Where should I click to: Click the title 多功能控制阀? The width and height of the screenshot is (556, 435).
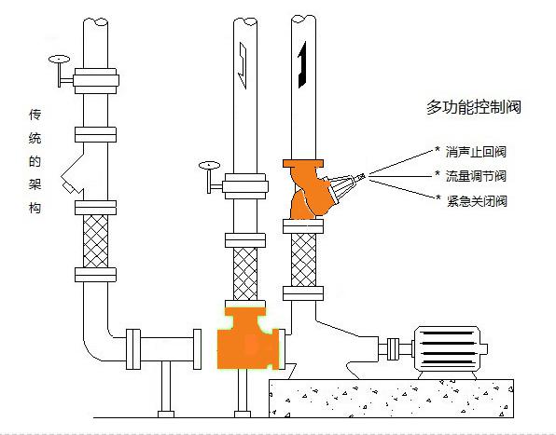[474, 107]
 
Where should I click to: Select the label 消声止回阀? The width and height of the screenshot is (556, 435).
[476, 152]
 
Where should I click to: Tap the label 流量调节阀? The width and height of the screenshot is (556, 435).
[476, 176]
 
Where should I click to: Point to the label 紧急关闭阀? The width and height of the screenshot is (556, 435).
[477, 201]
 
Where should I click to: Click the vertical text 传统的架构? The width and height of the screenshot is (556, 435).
[35, 161]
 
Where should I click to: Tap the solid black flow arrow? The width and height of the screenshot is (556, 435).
[301, 65]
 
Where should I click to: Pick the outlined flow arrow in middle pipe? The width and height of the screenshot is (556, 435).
[243, 65]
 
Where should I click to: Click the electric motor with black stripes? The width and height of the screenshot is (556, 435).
[450, 348]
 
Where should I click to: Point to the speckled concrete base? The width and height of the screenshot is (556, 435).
[391, 398]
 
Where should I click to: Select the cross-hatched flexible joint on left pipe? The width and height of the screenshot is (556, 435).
[95, 241]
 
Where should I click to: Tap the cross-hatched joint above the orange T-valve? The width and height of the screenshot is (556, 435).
[245, 274]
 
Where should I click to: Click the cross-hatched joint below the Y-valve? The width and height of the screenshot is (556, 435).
[303, 260]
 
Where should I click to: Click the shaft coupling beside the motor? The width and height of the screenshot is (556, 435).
[393, 348]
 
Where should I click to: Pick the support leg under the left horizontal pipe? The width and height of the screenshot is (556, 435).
[166, 389]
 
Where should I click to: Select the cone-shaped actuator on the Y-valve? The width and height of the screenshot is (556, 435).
[344, 187]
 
